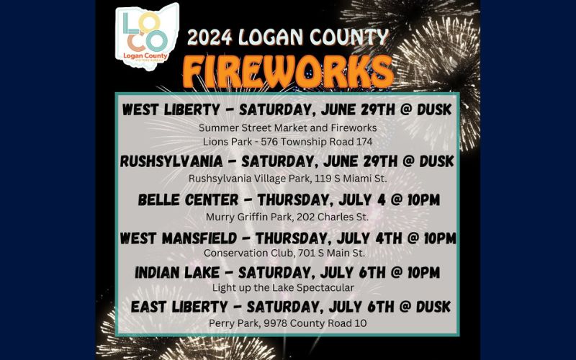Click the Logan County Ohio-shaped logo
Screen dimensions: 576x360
pyautogui.click(x=147, y=36)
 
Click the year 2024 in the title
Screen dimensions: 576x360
pyautogui.click(x=210, y=37)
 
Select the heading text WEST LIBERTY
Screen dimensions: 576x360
pyautogui.click(x=171, y=109)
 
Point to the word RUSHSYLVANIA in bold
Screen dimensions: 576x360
pyautogui.click(x=171, y=161)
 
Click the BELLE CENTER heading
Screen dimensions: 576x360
pyautogui.click(x=188, y=200)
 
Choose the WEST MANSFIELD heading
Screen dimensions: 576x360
pyautogui.click(x=179, y=238)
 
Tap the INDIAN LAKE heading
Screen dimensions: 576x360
pyautogui.click(x=177, y=273)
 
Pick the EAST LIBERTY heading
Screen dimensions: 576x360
pyautogui.click(x=179, y=307)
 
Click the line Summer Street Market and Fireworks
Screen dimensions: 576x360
pyautogui.click(x=287, y=128)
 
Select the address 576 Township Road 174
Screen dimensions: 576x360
pyautogui.click(x=317, y=142)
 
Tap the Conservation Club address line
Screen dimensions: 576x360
pyautogui.click(x=284, y=253)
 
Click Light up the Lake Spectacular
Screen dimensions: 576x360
pyautogui.click(x=283, y=287)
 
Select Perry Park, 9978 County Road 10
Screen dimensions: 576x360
pyautogui.click(x=287, y=323)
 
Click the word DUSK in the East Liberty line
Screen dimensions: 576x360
pyautogui.click(x=433, y=307)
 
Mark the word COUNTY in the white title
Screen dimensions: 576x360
pyautogui.click(x=349, y=37)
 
